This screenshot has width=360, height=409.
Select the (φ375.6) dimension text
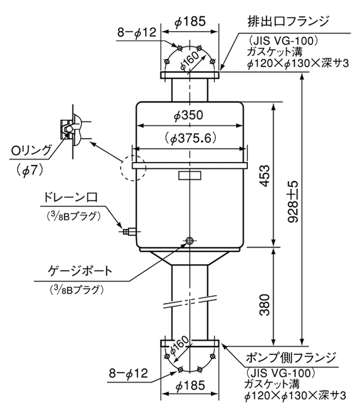click(x=190, y=137)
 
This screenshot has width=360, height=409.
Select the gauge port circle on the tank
click(x=190, y=240)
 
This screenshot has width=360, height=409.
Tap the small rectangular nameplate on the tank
click(x=190, y=176)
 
